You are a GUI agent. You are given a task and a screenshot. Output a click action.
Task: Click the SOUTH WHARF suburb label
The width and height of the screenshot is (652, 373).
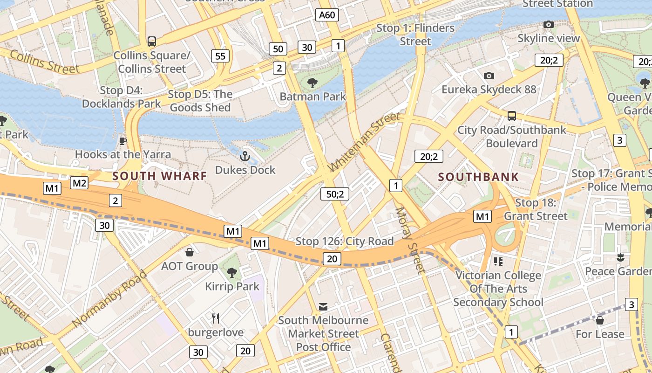160,176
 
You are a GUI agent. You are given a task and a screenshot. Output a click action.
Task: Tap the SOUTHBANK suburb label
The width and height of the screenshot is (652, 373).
478,177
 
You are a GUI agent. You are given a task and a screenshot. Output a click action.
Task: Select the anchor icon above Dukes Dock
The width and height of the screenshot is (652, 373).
245,156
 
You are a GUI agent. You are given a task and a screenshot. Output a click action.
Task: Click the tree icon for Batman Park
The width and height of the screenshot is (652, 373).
312,83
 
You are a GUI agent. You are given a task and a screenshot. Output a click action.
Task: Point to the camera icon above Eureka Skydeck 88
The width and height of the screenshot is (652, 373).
489,76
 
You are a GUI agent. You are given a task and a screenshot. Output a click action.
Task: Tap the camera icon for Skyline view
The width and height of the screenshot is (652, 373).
549,24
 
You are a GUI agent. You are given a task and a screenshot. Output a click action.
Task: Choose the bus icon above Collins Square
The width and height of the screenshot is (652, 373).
152,41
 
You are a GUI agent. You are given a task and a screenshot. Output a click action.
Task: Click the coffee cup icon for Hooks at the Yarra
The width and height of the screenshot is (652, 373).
123,140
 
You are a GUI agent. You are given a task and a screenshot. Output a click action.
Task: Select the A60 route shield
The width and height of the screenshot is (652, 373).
327,15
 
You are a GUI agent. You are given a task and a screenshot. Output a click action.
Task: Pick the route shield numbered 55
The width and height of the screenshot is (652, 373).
220,56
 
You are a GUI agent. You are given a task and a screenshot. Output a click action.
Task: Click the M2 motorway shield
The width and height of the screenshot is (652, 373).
79,183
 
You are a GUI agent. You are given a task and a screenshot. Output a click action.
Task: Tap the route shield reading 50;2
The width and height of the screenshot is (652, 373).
334,194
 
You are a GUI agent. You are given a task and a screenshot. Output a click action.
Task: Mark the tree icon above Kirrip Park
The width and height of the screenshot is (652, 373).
231,272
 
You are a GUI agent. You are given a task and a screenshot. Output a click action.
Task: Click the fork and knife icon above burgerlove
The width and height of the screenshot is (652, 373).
216,318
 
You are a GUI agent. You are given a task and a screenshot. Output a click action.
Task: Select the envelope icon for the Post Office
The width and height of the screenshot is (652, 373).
323,306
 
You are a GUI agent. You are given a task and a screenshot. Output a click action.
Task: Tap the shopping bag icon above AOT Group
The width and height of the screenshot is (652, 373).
190,252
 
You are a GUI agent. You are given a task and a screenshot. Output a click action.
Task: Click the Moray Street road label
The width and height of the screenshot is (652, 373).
410,239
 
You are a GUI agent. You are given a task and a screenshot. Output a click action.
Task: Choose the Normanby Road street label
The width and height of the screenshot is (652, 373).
110,298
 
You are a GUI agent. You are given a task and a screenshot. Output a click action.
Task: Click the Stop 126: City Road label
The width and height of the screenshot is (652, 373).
345,241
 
